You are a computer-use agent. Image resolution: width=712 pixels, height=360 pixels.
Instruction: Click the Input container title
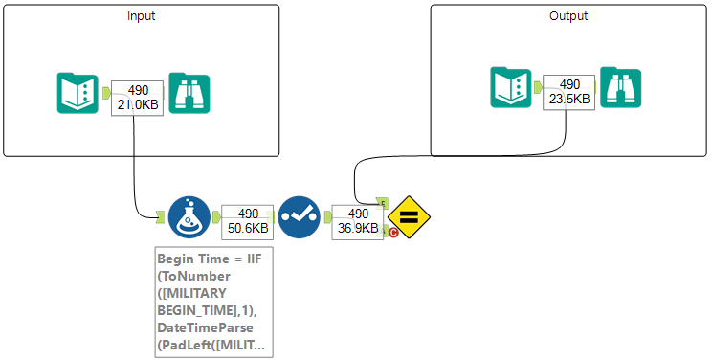click(142, 16)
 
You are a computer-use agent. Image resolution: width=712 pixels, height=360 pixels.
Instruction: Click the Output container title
click(568, 16)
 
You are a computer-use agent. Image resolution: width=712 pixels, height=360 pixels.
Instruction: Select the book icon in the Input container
click(76, 94)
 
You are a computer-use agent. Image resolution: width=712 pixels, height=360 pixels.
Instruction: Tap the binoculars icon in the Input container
click(189, 94)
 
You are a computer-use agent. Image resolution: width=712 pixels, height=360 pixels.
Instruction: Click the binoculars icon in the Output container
click(620, 87)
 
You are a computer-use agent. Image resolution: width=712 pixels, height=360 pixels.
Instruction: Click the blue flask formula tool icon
click(189, 217)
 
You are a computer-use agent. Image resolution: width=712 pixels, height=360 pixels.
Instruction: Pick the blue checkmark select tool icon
click(299, 217)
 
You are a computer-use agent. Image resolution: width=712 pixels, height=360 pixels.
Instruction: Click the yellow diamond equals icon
click(408, 217)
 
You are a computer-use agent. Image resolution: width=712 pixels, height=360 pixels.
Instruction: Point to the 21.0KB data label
click(138, 102)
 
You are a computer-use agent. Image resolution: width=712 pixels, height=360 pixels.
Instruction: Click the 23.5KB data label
click(569, 97)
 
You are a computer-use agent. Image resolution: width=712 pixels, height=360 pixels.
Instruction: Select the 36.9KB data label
click(358, 227)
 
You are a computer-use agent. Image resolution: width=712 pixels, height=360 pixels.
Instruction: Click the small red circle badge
click(392, 232)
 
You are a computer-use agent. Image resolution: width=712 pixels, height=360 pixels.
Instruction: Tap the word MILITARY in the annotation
click(205, 294)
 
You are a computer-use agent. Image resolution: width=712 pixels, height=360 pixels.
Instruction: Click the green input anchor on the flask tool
click(160, 217)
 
